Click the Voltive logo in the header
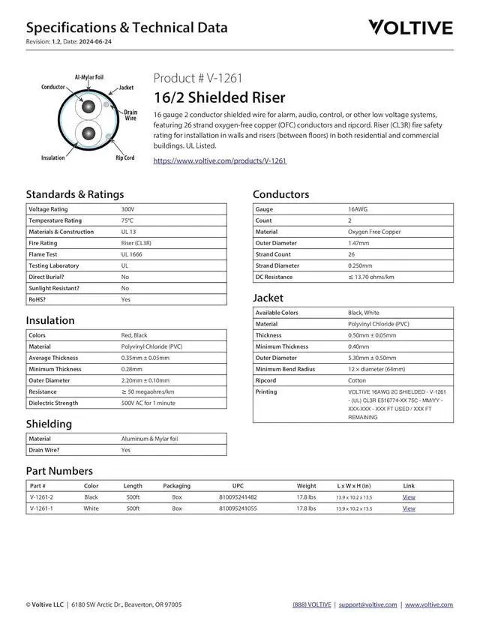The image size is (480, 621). tap(410, 28)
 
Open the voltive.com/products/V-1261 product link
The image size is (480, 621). tap(220, 160)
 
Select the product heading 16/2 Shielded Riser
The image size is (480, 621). tap(219, 97)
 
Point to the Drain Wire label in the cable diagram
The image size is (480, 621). tap(130, 115)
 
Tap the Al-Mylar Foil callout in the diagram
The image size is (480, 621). tap(89, 77)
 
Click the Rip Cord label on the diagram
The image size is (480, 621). tap(124, 157)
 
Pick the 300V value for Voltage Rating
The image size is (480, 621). tap(127, 209)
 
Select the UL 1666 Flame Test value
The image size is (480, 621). tap(131, 254)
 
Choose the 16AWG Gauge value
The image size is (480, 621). tap(357, 209)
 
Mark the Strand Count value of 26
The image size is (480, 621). tap(351, 254)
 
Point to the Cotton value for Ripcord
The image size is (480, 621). tap(356, 380)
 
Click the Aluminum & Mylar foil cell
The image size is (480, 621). tap(149, 439)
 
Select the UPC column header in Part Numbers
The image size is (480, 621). tap(238, 486)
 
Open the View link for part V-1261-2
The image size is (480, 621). tap(409, 497)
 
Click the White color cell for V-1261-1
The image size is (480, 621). tap(91, 508)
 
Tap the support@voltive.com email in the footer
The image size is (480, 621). tap(367, 604)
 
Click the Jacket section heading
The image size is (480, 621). tap(267, 298)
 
